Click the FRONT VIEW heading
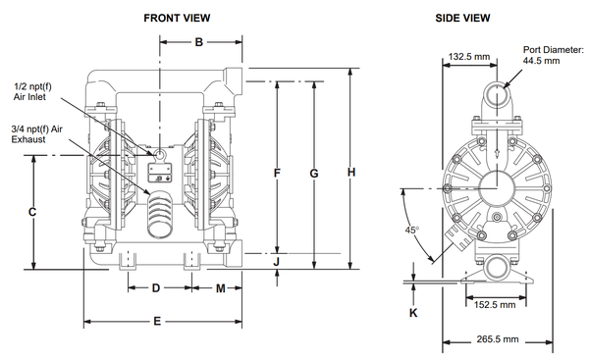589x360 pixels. pos(177,18)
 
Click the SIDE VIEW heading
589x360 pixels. pos(462,18)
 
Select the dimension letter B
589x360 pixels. pos(199,42)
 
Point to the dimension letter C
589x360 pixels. pos(32,212)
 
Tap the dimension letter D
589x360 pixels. pos(156,288)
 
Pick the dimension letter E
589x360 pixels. pos(157,322)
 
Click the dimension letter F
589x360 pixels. pos(277,173)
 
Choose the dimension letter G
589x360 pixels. pos(314,174)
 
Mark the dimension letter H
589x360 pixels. pos(351,173)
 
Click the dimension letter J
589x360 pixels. pos(277,261)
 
